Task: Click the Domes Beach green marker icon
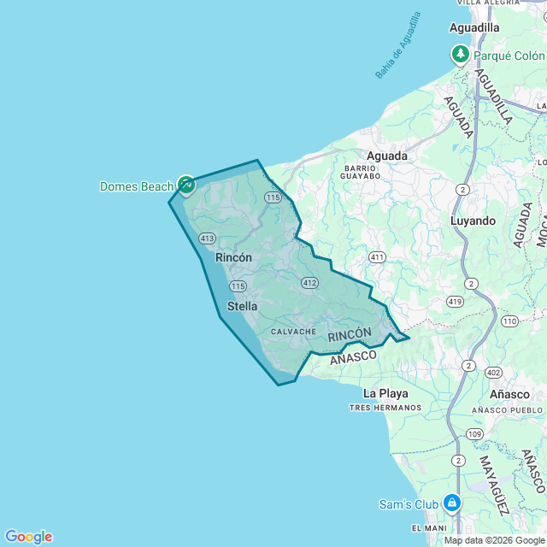[x=185, y=184]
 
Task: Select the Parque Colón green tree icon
[x=461, y=56]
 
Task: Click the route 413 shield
[x=207, y=238]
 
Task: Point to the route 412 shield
[x=309, y=282]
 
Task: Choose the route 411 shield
[x=377, y=256]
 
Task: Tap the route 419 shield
[x=455, y=302]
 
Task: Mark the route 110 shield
[x=510, y=321]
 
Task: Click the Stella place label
[x=242, y=306]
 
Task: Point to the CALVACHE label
[x=294, y=332]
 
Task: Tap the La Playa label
[x=385, y=393]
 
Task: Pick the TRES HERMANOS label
[x=385, y=408]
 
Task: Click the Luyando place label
[x=473, y=221]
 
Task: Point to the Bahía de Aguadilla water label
[x=398, y=45]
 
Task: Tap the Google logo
[x=28, y=536]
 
